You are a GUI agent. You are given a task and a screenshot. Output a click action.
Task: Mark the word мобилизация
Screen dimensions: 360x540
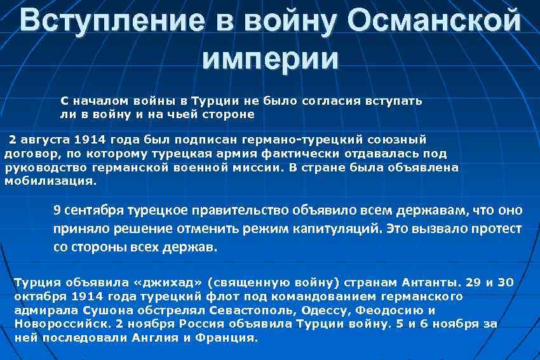coord(51,180)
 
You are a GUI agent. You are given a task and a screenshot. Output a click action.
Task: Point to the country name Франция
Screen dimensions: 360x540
coord(233,338)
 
